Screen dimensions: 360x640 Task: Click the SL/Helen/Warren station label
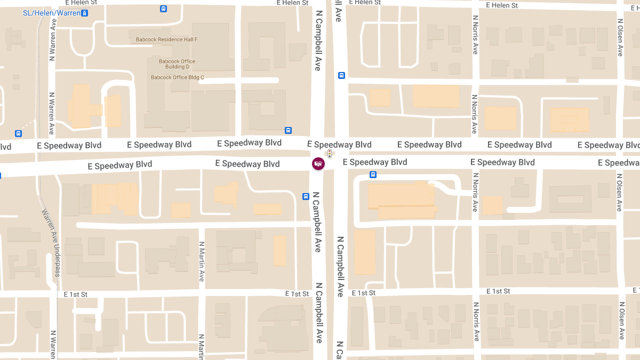(52, 13)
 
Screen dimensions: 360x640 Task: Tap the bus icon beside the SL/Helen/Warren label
(84, 13)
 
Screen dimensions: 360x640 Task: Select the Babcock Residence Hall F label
(166, 40)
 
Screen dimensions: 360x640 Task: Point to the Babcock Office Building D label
(177, 64)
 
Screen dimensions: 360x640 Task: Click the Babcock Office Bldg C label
(177, 77)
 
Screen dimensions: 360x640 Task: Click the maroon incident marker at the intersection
(318, 164)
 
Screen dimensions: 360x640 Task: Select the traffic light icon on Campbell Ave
(330, 154)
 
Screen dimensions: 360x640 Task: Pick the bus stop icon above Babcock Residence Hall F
(163, 9)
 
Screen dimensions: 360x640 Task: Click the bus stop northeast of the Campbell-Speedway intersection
(341, 76)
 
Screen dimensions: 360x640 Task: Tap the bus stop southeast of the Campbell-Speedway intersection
(373, 174)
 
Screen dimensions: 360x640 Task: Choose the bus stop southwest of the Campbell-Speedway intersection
(306, 196)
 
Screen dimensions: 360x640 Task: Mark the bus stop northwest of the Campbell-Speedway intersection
(288, 130)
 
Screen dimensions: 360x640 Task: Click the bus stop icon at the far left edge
(19, 134)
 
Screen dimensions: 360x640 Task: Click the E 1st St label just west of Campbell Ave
(297, 294)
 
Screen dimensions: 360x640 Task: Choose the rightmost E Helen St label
(502, 5)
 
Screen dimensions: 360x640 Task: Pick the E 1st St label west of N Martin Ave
(75, 294)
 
